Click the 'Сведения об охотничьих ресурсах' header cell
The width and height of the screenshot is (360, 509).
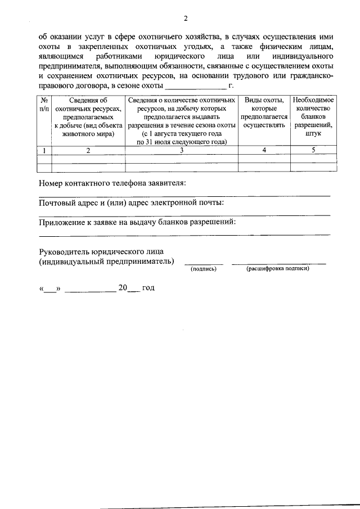click(x=88, y=116)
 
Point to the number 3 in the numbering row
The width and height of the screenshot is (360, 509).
click(x=181, y=150)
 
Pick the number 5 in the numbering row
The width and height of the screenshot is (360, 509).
click(x=313, y=150)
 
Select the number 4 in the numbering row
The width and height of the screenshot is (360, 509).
click(x=264, y=150)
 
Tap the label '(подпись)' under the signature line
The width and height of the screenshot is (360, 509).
click(x=204, y=269)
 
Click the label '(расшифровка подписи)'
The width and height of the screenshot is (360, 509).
click(x=278, y=269)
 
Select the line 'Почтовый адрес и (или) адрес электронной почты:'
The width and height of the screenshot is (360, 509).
click(x=132, y=202)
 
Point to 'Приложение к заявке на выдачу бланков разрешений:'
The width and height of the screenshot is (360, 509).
click(x=137, y=222)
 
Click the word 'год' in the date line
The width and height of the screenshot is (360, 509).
click(x=147, y=287)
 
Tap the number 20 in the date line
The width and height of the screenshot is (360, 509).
click(x=123, y=287)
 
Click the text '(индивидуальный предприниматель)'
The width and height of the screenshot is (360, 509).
click(x=106, y=261)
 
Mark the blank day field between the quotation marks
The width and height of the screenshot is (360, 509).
click(x=50, y=289)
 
